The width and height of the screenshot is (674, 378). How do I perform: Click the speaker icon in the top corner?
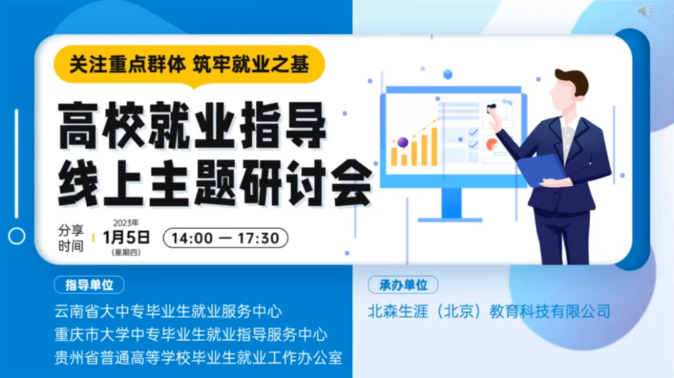[x=645, y=11]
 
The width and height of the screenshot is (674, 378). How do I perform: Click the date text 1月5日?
[x=126, y=238]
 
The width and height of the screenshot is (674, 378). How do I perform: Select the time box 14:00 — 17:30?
[x=225, y=238]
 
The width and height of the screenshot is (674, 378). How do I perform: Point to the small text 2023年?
[x=126, y=223]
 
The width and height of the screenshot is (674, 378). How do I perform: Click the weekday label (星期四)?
[x=126, y=252]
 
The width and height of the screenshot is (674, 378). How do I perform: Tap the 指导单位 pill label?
[x=89, y=285]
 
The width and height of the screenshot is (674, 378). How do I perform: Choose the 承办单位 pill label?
[x=403, y=285]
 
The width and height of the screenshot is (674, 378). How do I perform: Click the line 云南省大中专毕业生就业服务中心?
[x=168, y=311]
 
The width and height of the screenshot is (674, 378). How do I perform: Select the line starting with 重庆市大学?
[x=191, y=335]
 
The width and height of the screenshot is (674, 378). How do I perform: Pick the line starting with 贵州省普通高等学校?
[x=198, y=358]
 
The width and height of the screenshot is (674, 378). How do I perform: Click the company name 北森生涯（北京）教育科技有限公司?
[x=488, y=311]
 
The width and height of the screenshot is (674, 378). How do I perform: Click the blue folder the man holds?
[x=540, y=169]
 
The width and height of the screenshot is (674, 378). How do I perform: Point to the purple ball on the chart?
[x=403, y=142]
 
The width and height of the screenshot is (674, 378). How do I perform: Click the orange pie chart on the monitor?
[x=491, y=144]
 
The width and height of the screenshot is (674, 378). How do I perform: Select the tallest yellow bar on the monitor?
[x=434, y=146]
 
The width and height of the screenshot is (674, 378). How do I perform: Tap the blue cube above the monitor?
[x=447, y=74]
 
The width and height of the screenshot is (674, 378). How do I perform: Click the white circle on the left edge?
[x=17, y=236]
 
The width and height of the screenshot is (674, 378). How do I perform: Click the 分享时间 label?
[x=71, y=238]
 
